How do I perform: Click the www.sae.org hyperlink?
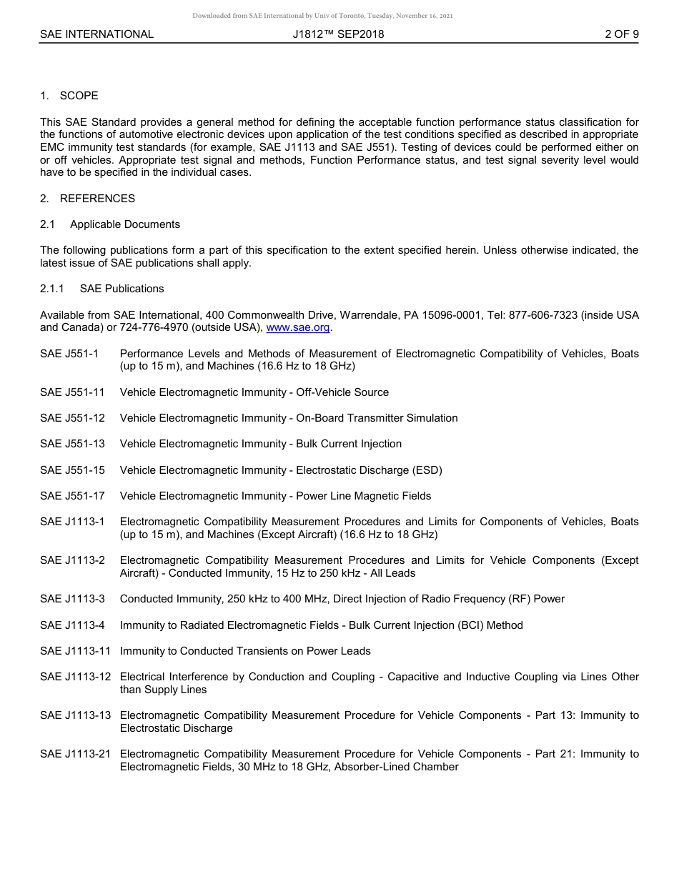pyautogui.click(x=297, y=328)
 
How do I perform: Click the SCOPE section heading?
pyautogui.click(x=79, y=96)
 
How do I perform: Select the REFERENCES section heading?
pyautogui.click(x=97, y=199)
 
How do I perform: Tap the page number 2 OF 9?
pyautogui.click(x=621, y=34)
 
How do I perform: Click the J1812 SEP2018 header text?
pyautogui.click(x=338, y=34)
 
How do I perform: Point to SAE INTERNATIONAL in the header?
pyautogui.click(x=96, y=34)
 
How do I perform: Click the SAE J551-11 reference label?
pyautogui.click(x=72, y=392)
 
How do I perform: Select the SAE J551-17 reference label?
pyautogui.click(x=72, y=496)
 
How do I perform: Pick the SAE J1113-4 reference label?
pyautogui.click(x=72, y=625)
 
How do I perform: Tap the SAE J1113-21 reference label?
pyautogui.click(x=75, y=754)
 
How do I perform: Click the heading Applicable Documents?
pyautogui.click(x=125, y=224)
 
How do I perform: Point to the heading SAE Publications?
pyautogui.click(x=122, y=289)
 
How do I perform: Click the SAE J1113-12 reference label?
pyautogui.click(x=75, y=677)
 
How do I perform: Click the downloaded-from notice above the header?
pyautogui.click(x=322, y=16)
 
